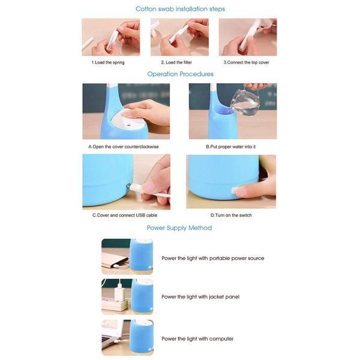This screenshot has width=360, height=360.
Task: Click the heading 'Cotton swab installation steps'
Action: coord(180,9)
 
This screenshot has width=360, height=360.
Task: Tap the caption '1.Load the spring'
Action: coord(108,62)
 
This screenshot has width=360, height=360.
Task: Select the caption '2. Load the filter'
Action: coord(176,62)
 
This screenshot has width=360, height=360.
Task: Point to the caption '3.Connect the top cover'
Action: coord(247,62)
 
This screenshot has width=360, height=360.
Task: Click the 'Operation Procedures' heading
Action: coord(180,74)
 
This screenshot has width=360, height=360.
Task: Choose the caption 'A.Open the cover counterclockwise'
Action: coord(124,147)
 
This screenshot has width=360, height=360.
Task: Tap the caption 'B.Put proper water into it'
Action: coord(231,147)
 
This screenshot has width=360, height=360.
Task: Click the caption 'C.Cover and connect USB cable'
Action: coord(125,215)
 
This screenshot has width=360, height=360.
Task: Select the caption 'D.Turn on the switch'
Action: coord(231,215)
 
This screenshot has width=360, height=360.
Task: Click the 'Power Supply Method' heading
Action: coord(179,228)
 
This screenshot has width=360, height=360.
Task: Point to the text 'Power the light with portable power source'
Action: coord(213,258)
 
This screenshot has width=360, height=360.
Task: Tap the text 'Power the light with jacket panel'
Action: coord(200,297)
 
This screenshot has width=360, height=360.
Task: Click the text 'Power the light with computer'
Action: coord(197,339)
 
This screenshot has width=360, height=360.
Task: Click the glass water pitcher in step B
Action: coord(245,102)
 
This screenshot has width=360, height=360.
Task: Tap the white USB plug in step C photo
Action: coord(136,188)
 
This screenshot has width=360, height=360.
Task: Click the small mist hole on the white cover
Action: coord(128,125)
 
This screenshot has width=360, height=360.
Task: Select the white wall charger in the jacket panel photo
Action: coord(120,292)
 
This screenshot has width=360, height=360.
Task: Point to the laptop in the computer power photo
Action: coord(113,333)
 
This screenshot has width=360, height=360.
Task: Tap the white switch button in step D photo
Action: coord(235,190)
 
